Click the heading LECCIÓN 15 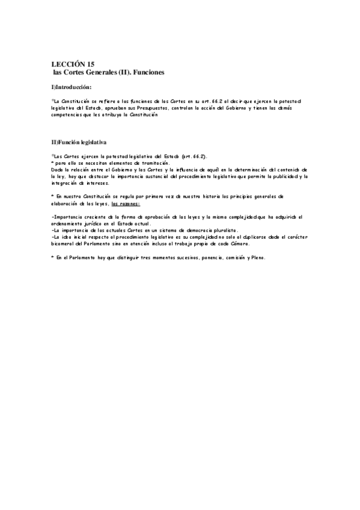(x=73, y=63)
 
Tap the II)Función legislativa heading (x=79, y=143)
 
